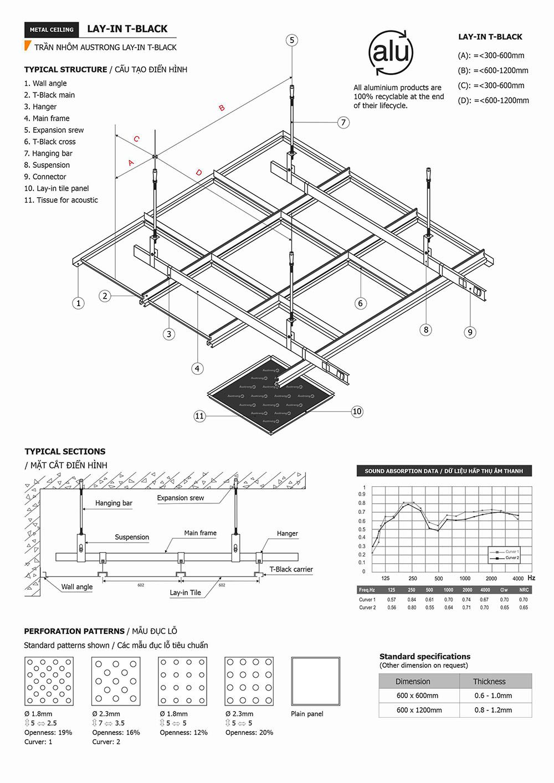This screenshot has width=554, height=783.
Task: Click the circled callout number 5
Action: pos(292,40)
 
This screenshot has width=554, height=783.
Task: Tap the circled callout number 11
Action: pos(199,416)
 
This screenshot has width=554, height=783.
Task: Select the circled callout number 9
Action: pos(470,332)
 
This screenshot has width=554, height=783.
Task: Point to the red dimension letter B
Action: pos(222,108)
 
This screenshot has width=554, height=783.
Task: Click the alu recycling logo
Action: pos(391,53)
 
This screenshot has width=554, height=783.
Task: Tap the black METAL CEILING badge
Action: pos(52,29)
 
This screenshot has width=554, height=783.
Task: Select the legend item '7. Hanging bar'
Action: pos(48,153)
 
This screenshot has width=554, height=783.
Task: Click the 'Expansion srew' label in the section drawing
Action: pos(180,498)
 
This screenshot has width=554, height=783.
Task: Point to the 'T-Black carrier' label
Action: pos(291,569)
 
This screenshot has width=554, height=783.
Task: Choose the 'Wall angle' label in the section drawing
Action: pos(77,587)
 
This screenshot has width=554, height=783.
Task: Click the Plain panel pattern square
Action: pos(316,681)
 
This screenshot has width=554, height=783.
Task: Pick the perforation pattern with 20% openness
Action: pos(249,681)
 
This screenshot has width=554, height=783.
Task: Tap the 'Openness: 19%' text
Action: pos(48,733)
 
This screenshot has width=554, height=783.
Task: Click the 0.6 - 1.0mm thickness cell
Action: pos(493,696)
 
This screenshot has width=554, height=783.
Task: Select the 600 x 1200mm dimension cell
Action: pos(419,710)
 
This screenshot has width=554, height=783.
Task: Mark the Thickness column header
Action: pos(489,682)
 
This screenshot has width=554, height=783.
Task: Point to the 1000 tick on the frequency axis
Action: pos(465,578)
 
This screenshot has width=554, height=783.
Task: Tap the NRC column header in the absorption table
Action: pos(524,590)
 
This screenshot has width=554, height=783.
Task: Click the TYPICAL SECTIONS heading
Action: pos(65,451)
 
